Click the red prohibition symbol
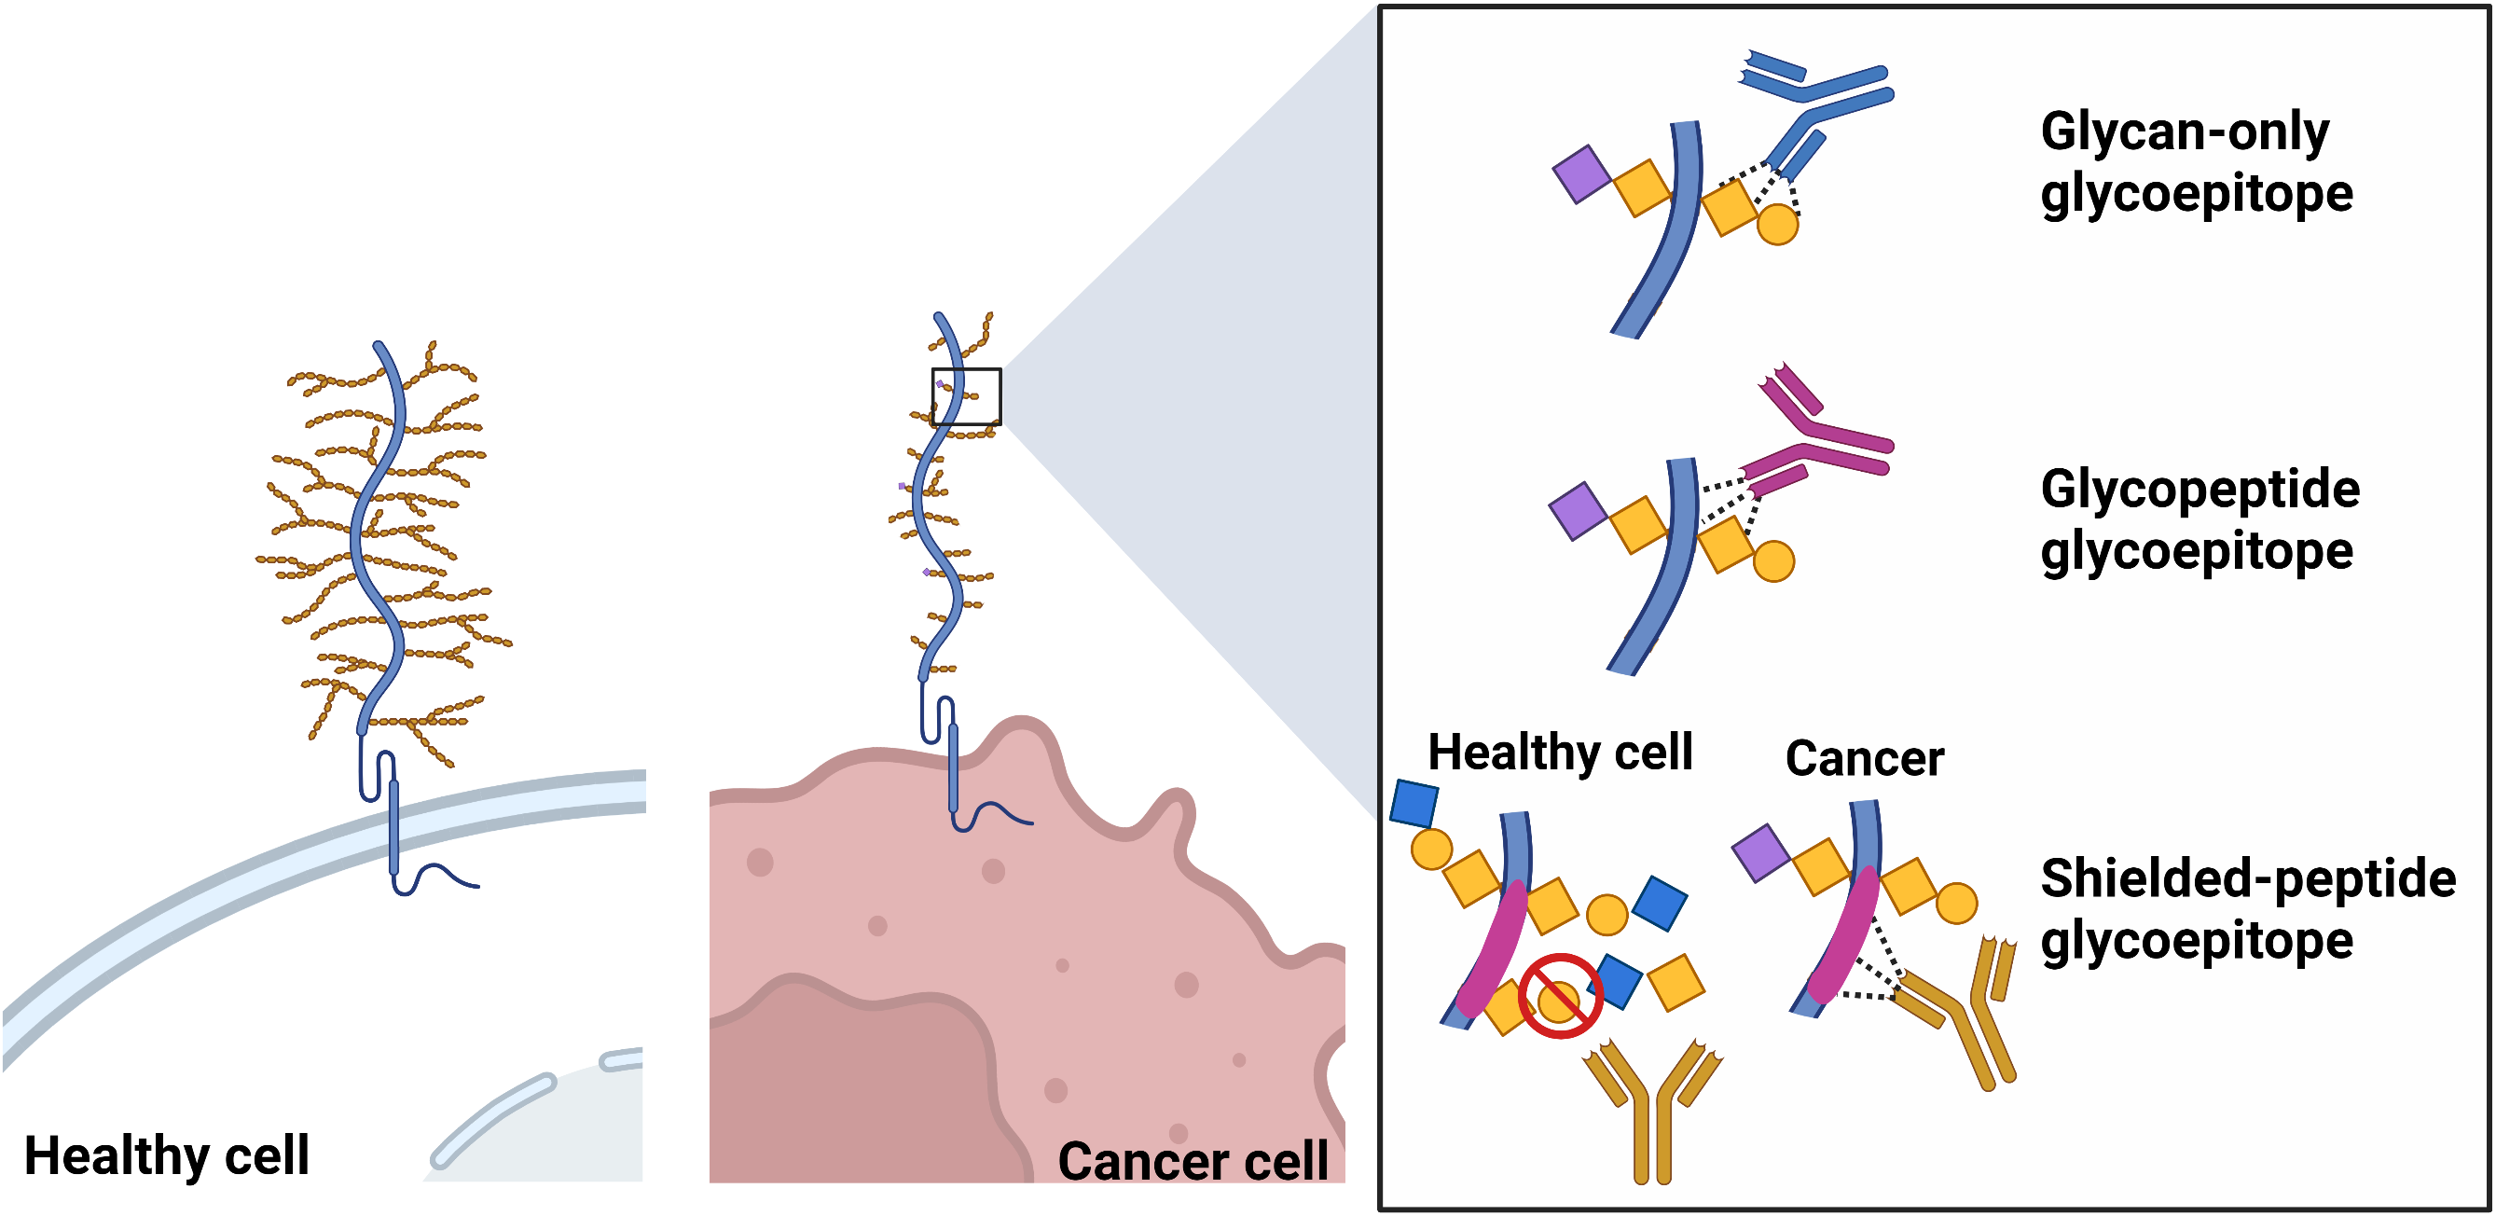coord(1559,996)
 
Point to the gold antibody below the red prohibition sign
coord(1653,1114)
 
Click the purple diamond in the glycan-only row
coord(1581,174)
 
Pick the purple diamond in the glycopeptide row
coord(1578,511)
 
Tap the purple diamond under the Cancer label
coord(1759,852)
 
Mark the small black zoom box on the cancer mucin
coord(966,396)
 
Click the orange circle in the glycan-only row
coord(1777,225)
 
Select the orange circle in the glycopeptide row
coord(1773,561)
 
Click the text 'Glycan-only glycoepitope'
coord(2196,162)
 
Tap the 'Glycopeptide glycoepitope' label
coord(2200,519)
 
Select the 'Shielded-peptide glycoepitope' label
coord(2247,909)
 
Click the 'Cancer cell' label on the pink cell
coord(1193,1160)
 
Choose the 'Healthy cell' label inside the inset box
coord(1560,752)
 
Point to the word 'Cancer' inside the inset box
coord(1864,758)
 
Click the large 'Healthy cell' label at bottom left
coord(167,1155)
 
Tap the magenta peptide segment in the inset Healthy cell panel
coord(1492,949)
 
